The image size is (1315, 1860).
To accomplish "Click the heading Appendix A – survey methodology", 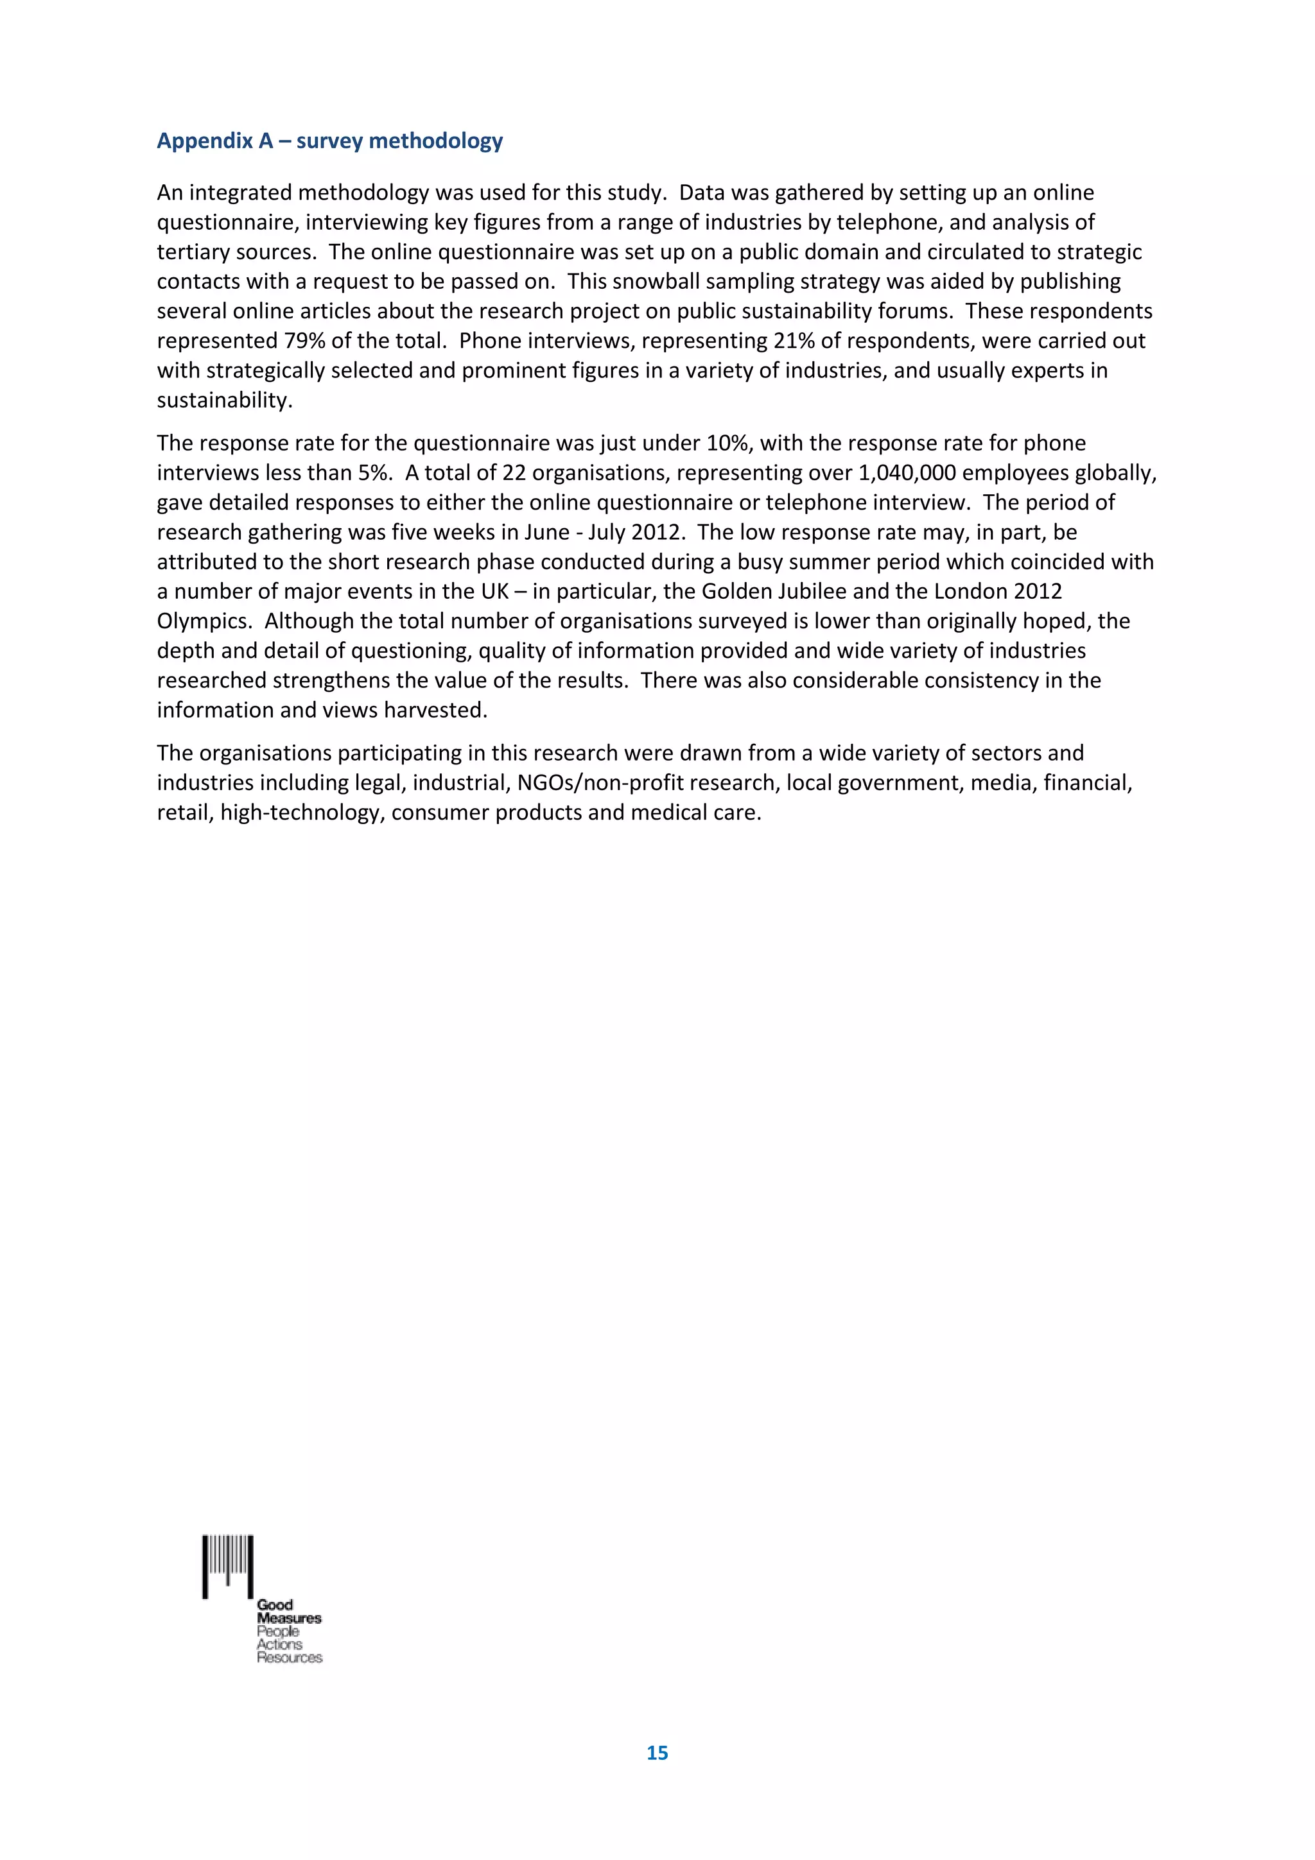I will [330, 141].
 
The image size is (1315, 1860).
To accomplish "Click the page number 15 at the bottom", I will [657, 1752].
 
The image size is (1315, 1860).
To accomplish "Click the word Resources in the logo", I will [289, 1657].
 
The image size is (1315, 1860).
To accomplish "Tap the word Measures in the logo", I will [289, 1618].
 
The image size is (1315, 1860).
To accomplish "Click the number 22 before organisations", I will [514, 473].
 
